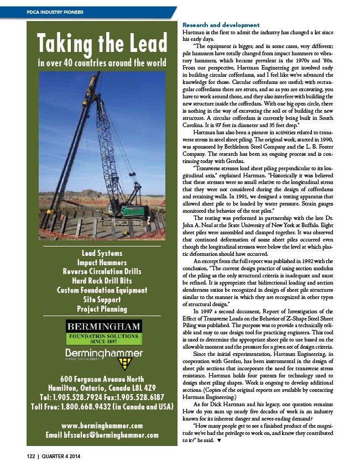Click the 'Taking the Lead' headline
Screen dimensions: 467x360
coord(102,43)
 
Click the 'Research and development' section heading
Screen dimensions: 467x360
coord(221,25)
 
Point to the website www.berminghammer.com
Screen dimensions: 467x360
coord(102,426)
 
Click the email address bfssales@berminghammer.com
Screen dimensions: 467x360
coord(102,435)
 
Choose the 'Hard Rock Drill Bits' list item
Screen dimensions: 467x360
coord(102,280)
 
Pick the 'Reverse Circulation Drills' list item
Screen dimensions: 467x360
coord(102,271)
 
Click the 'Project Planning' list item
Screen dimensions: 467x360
coord(102,309)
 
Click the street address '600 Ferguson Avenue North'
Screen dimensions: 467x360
coord(102,379)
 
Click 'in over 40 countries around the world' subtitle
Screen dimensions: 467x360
coord(102,61)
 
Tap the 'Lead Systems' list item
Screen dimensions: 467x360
coord(102,253)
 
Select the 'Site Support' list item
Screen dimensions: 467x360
coord(102,300)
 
